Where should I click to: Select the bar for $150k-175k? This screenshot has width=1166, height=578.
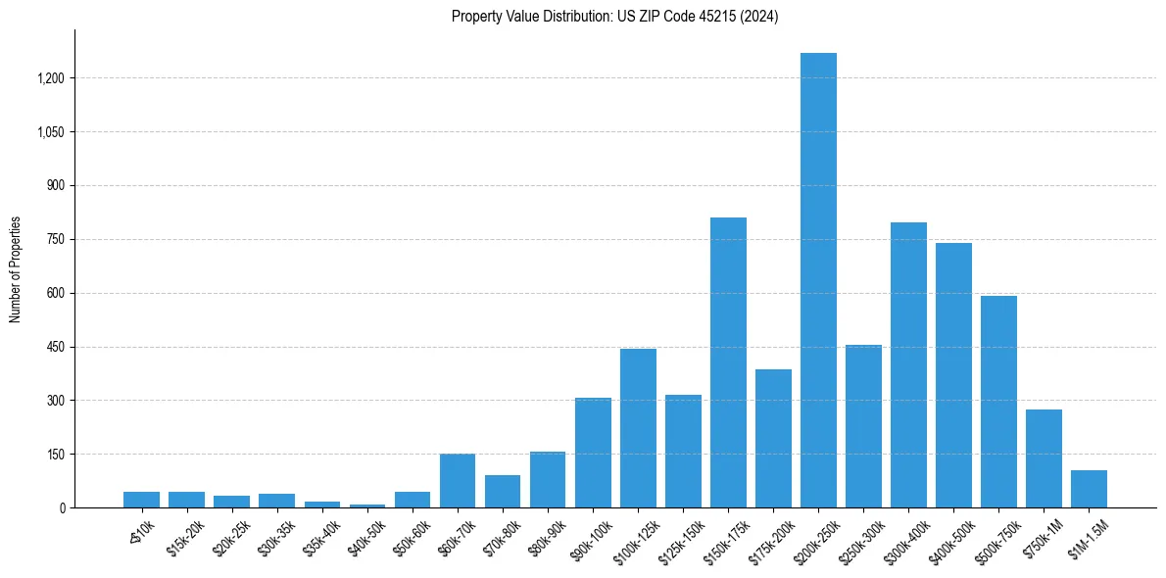click(x=728, y=362)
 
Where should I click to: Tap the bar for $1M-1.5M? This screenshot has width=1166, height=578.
click(x=1089, y=489)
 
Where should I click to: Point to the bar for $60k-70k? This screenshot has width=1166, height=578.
click(x=458, y=480)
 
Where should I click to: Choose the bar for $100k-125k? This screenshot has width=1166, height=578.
click(x=638, y=428)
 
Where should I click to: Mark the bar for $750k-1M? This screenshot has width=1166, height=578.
click(x=1044, y=458)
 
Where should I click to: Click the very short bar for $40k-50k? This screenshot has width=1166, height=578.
click(x=367, y=506)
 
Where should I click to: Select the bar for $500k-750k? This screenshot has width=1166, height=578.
click(x=998, y=402)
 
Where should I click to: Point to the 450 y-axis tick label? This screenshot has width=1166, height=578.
click(x=55, y=347)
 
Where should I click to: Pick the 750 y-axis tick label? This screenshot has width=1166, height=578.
click(x=55, y=239)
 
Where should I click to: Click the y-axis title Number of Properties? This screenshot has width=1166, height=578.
click(x=15, y=269)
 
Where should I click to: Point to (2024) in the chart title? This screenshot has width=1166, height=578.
click(x=760, y=17)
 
